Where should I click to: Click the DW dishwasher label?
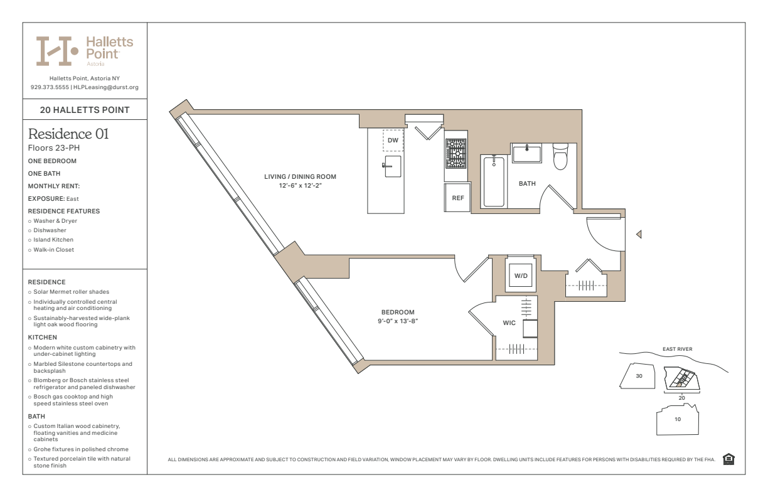tap(393, 141)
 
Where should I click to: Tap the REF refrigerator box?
tap(457, 198)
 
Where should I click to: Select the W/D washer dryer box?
tap(520, 275)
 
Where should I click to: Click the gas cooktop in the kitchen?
tap(456, 154)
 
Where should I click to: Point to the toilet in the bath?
tap(560, 156)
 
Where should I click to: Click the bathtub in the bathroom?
tap(494, 182)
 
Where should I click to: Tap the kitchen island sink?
tap(392, 166)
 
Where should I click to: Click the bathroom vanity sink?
tap(527, 153)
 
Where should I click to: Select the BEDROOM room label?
tap(398, 312)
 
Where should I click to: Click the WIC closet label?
tap(509, 323)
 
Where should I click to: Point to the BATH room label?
tap(527, 183)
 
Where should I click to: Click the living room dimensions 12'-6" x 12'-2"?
tap(300, 186)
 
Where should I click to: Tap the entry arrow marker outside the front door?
tap(639, 234)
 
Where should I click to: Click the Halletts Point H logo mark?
tap(57, 51)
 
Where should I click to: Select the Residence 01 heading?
tap(68, 134)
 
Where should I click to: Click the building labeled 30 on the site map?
tap(637, 376)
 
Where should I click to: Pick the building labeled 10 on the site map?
tap(678, 419)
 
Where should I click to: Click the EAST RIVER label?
tap(677, 349)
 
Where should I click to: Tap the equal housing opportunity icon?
tap(728, 459)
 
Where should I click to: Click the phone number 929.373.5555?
tap(50, 87)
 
